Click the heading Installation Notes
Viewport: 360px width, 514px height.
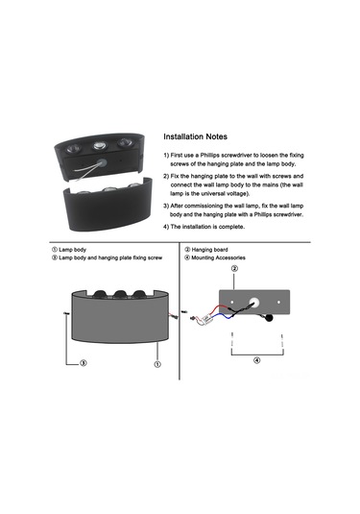[x=195, y=136]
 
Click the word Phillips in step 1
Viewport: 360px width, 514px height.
[x=210, y=155]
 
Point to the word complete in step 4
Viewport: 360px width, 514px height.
[x=231, y=227]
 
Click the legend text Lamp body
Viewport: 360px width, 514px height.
[x=72, y=250]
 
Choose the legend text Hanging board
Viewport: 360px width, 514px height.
[x=209, y=250]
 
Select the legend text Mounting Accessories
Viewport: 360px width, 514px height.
[x=219, y=258]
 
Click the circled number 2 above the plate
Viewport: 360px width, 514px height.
[x=234, y=269]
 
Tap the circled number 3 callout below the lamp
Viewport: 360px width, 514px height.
[x=84, y=363]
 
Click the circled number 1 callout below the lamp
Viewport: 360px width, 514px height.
[x=157, y=364]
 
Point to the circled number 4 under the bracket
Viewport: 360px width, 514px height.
[x=257, y=360]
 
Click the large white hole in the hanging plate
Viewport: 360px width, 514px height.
[x=254, y=303]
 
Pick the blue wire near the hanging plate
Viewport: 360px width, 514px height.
[x=222, y=316]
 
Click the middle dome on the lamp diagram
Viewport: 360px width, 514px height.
[x=120, y=294]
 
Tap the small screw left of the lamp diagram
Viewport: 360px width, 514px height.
[x=66, y=314]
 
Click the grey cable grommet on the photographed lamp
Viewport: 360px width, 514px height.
[x=102, y=162]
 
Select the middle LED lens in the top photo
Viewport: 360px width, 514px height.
[x=99, y=145]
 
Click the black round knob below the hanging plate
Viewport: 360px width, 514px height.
[x=270, y=317]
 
